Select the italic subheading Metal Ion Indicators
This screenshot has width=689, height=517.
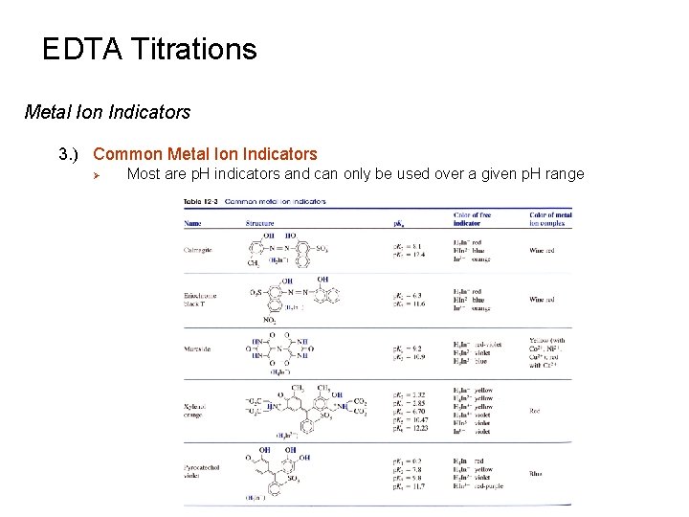(x=107, y=112)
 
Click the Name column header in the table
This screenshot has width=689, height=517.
(x=193, y=223)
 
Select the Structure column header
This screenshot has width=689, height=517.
(x=259, y=223)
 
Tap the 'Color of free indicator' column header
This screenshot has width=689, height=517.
(x=477, y=218)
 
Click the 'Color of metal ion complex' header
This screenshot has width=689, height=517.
(x=550, y=218)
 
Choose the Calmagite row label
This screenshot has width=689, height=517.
(x=199, y=250)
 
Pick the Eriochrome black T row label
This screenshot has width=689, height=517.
(x=200, y=299)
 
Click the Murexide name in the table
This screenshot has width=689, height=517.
(x=198, y=349)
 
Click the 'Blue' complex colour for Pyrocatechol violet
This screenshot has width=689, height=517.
(x=536, y=473)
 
